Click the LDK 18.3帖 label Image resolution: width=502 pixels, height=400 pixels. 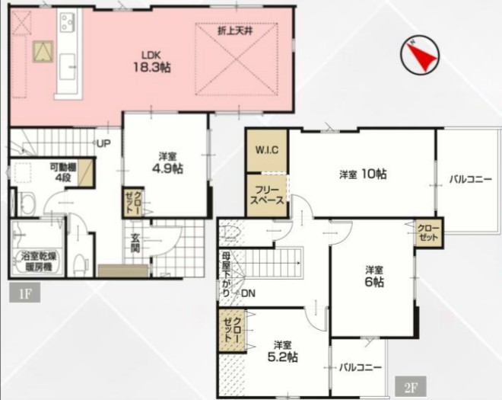(x=151, y=62)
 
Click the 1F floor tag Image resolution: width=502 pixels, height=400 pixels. (x=24, y=293)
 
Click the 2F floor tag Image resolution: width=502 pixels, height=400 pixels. (x=411, y=387)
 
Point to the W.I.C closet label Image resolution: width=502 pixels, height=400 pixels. (x=267, y=150)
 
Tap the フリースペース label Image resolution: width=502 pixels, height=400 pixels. (x=267, y=195)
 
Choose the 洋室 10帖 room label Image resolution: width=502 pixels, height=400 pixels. (x=363, y=174)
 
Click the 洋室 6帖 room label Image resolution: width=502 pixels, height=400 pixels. (x=374, y=276)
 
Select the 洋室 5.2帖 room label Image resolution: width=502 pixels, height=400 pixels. (x=282, y=351)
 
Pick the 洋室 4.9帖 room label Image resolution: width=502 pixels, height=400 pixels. (x=167, y=163)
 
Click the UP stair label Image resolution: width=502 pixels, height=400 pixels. (x=103, y=144)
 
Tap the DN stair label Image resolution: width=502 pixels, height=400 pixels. (x=248, y=293)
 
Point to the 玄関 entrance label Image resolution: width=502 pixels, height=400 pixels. (x=135, y=243)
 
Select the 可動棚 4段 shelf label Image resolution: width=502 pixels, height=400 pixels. (x=62, y=173)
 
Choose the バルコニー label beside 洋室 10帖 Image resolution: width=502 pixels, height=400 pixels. (x=470, y=179)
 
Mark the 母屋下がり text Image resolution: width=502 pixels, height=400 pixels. (x=226, y=274)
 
